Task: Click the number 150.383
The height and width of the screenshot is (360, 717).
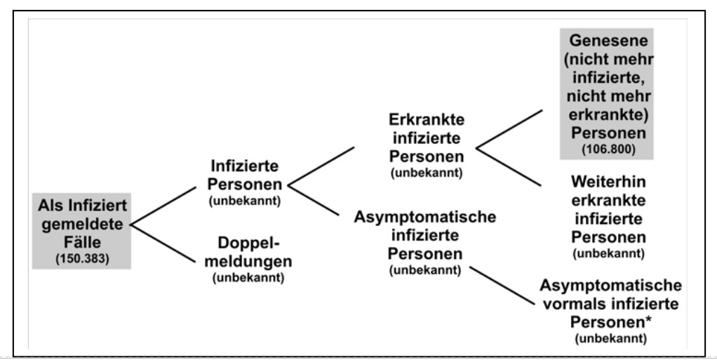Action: [x=82, y=259]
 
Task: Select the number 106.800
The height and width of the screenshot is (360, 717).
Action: [x=609, y=149]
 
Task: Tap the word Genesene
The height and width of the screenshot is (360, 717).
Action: [x=609, y=40]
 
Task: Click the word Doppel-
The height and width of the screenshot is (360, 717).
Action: [x=248, y=243]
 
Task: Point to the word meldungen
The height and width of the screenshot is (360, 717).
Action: [x=248, y=262]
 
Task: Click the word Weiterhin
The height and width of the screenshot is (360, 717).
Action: [x=609, y=182]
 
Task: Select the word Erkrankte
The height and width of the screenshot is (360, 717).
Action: [x=427, y=120]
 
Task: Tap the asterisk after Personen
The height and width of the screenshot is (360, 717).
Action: [x=648, y=319]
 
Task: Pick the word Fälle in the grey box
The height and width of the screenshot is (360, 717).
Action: [x=82, y=242]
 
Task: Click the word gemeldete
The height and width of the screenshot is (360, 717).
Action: [x=82, y=224]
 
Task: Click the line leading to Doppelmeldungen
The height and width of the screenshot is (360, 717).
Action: [x=163, y=244]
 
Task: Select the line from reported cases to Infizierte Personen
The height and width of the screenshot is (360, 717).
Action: [x=163, y=206]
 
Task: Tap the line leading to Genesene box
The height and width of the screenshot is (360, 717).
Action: [x=509, y=129]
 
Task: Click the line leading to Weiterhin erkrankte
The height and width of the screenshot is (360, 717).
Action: [x=509, y=167]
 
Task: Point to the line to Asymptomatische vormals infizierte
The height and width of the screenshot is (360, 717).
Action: [x=502, y=286]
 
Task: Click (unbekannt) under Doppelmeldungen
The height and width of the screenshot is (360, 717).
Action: [x=248, y=278]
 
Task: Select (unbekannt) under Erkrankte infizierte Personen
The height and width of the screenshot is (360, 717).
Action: [x=427, y=173]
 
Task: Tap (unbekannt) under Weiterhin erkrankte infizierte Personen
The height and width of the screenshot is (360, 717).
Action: [x=609, y=253]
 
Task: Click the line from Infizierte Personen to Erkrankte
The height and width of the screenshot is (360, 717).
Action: [x=321, y=166]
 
